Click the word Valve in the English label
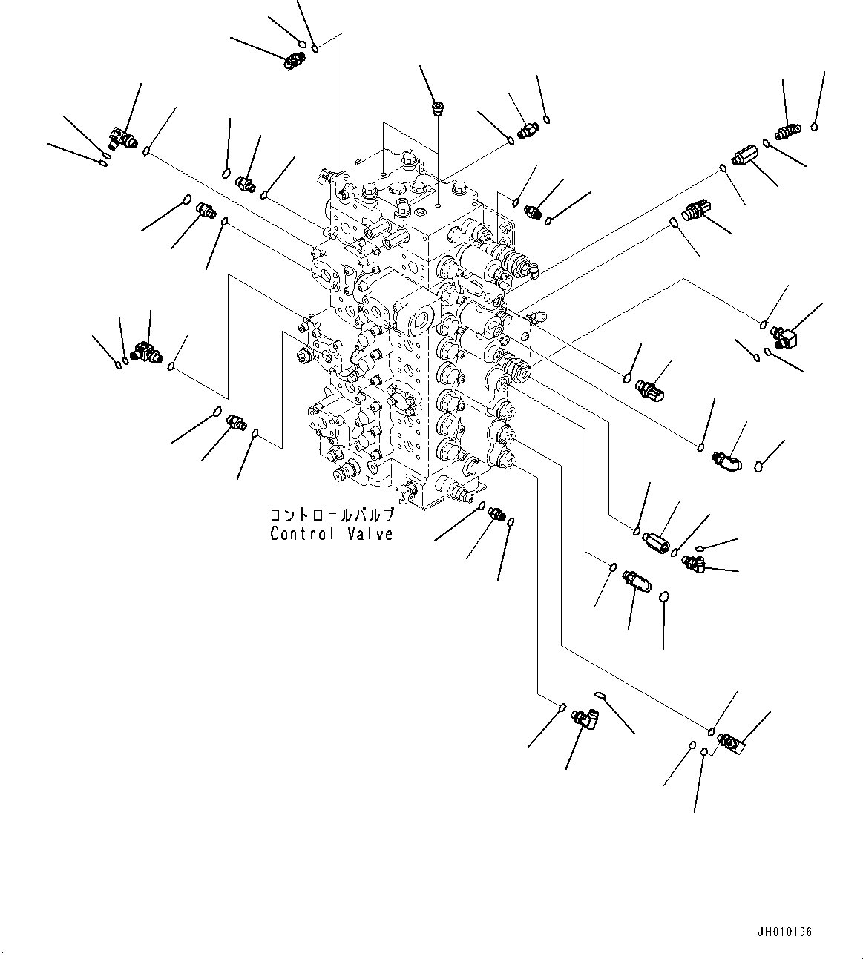pyautogui.click(x=369, y=534)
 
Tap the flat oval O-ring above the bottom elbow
pyautogui.click(x=600, y=694)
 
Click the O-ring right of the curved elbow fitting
pyautogui.click(x=759, y=467)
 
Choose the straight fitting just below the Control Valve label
pyautogui.click(x=496, y=515)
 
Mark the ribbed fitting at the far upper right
pyautogui.click(x=787, y=133)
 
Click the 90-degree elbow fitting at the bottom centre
pyautogui.click(x=585, y=719)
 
